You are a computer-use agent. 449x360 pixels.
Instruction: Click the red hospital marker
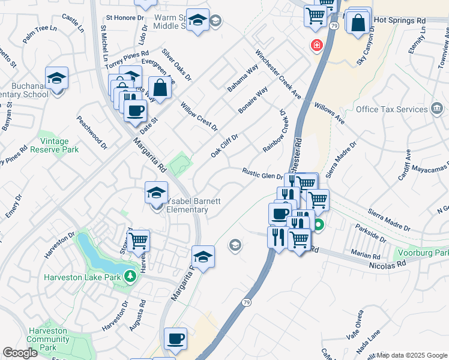[316, 46]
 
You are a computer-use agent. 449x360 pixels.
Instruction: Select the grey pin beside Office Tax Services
[437, 109]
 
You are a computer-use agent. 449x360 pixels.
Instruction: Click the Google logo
[20, 353]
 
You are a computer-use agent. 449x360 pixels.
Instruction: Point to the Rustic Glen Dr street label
[262, 173]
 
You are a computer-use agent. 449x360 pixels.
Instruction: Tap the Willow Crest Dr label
[199, 116]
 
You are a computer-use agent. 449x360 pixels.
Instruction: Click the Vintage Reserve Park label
[58, 145]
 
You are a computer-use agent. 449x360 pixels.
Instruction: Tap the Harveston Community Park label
[49, 339]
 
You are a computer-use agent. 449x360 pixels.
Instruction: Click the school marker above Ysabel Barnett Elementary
[156, 194]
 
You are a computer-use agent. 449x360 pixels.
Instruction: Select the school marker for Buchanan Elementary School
[56, 78]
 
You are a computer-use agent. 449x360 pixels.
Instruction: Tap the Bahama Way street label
[242, 78]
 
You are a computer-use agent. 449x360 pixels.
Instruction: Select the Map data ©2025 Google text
[412, 355]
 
